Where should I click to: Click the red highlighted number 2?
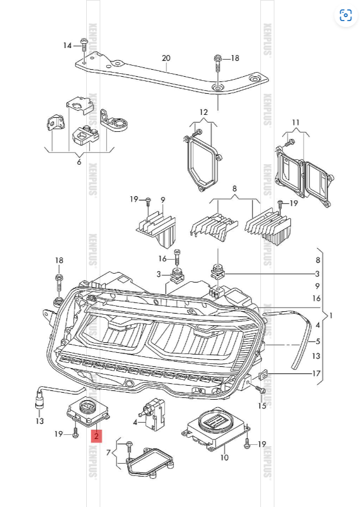tap(96, 435)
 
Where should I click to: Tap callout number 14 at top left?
tap(67, 46)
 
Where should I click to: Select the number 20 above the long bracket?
tap(166, 58)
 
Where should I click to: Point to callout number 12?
tap(203, 112)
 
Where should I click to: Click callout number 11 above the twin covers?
tap(296, 123)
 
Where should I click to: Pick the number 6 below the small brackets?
tap(79, 162)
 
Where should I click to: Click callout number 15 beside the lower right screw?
tap(261, 405)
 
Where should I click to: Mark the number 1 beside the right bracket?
tap(331, 315)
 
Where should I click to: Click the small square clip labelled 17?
tap(263, 373)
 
